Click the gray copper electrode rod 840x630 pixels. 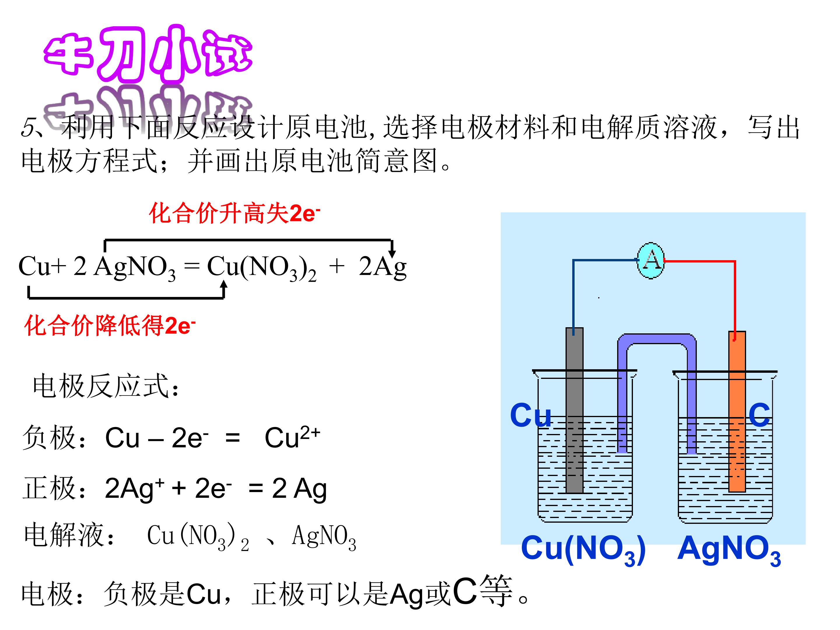(574, 410)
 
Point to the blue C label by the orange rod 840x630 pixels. (759, 415)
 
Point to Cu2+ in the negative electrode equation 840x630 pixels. (293, 437)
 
